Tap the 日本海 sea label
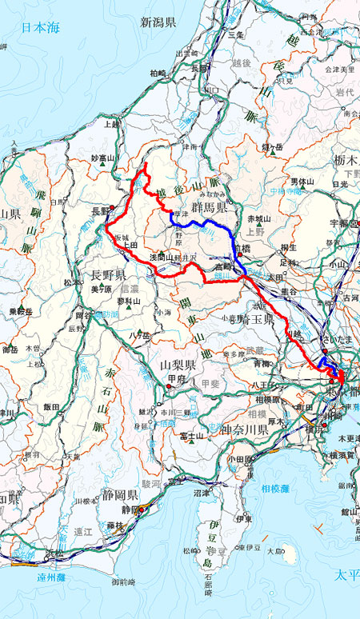tap(41, 27)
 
